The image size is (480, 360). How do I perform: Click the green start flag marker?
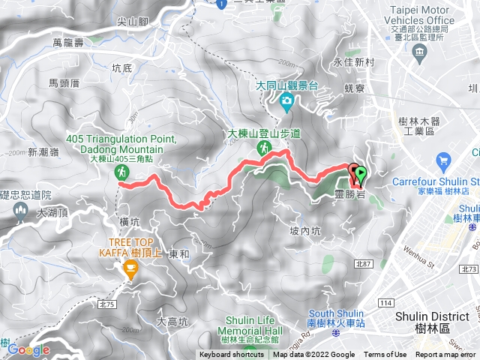tap(361, 175)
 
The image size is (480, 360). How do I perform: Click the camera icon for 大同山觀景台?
tap(286, 100)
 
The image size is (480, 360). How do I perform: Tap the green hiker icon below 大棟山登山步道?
tap(263, 148)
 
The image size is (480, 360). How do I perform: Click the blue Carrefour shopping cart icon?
tap(442, 160)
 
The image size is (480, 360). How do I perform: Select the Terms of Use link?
tap(385, 355)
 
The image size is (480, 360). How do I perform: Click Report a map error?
tap(445, 355)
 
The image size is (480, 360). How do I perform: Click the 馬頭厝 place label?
tap(64, 82)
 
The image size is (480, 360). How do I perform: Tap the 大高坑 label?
tap(172, 321)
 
